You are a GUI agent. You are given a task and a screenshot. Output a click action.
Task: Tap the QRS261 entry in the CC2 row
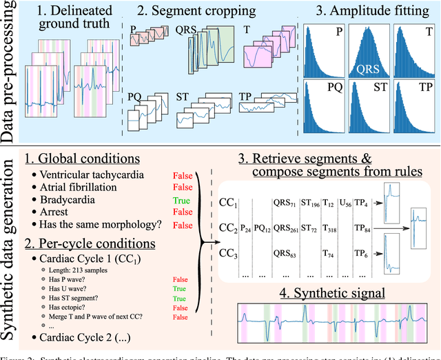286,227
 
